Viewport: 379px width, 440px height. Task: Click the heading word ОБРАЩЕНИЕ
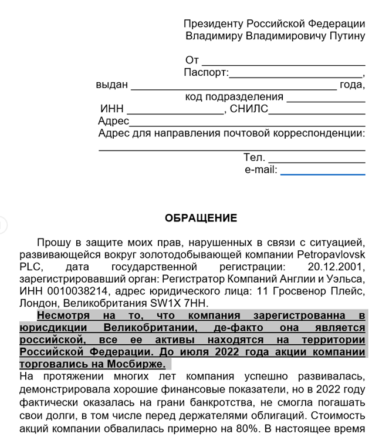click(201, 218)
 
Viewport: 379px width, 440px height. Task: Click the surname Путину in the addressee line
click(346, 36)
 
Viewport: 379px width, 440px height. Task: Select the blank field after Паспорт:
click(296, 74)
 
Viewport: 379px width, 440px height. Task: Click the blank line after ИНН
click(175, 110)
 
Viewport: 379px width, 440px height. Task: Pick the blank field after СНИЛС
click(316, 110)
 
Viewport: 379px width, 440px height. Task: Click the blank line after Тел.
click(316, 159)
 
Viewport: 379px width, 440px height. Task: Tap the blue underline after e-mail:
click(322, 172)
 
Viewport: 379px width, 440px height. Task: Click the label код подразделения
click(234, 97)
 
